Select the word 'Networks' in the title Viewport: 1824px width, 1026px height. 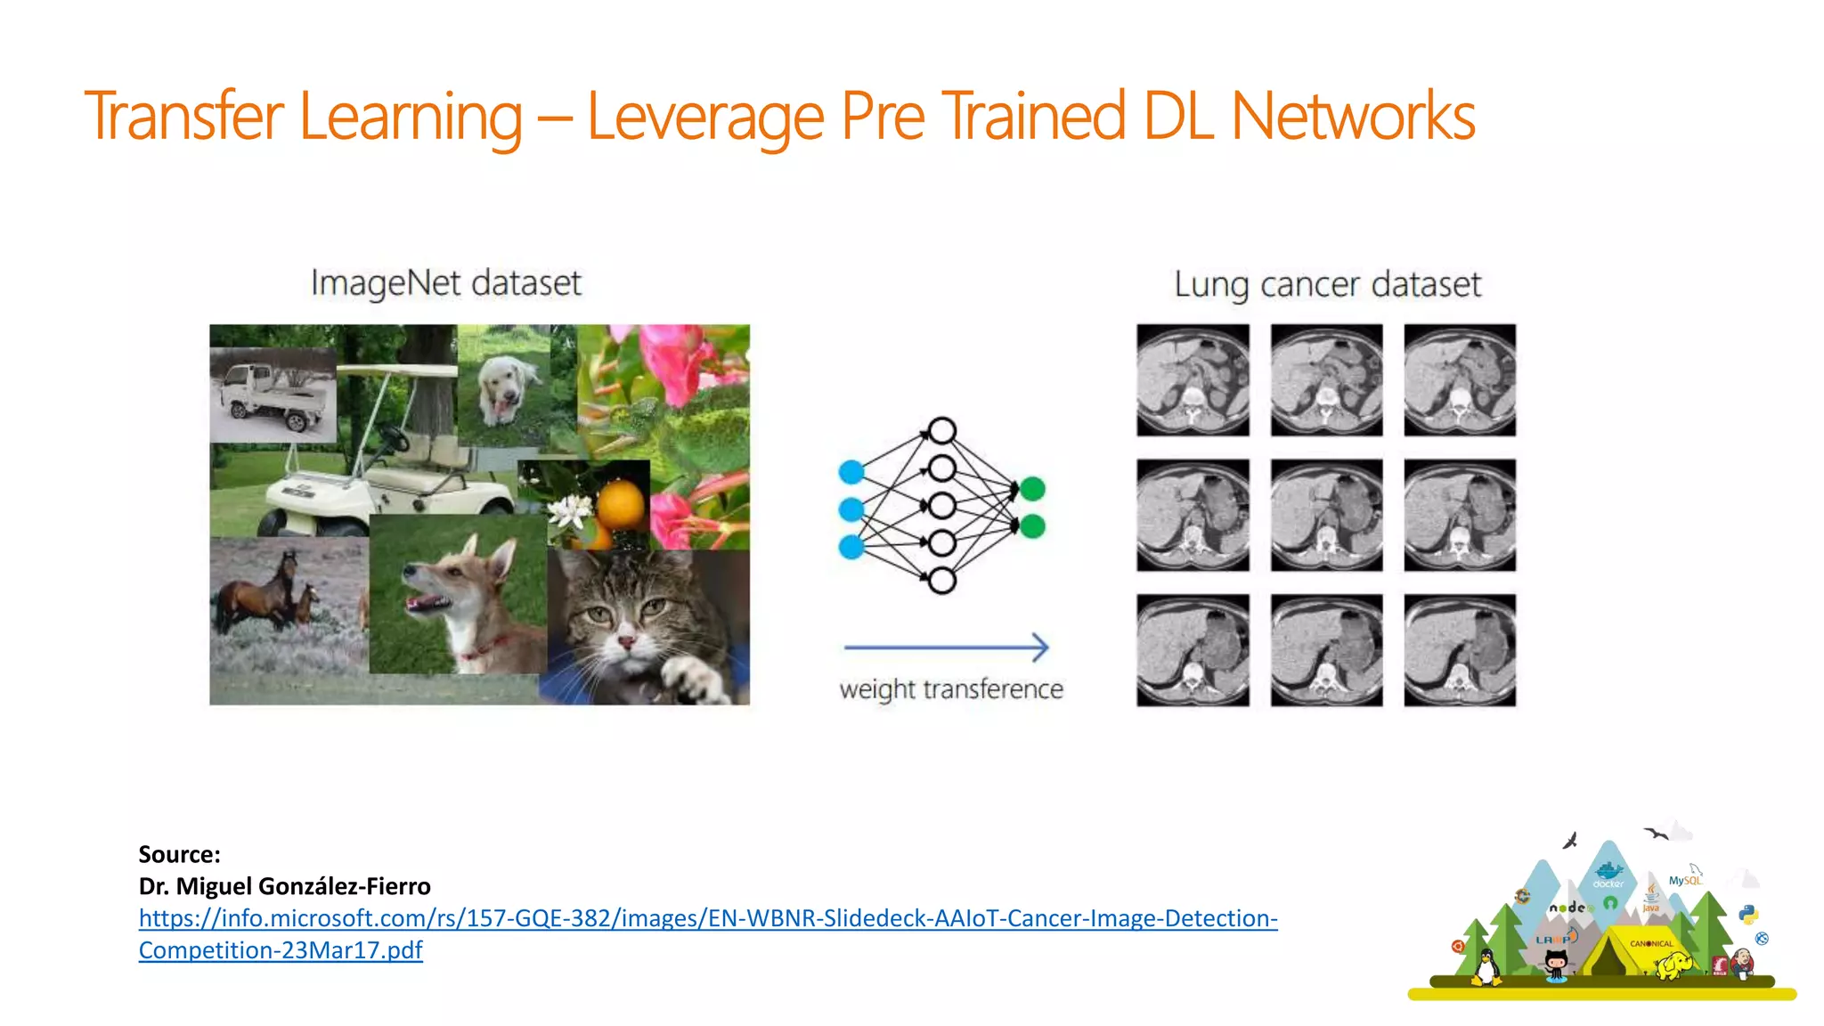1353,117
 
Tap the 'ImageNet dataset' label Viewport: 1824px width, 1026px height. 445,283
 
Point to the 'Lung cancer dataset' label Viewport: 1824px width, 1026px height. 1327,285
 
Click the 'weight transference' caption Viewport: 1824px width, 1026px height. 951,689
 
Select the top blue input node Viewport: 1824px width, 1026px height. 851,472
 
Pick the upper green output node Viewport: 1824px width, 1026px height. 1032,488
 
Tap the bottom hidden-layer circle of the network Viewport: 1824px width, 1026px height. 941,582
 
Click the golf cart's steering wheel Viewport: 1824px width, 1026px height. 393,437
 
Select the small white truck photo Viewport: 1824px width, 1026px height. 273,395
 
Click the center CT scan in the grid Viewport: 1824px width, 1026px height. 1326,515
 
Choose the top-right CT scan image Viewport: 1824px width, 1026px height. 1460,380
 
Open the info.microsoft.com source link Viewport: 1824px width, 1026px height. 708,918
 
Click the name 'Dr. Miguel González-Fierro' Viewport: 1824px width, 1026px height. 284,886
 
